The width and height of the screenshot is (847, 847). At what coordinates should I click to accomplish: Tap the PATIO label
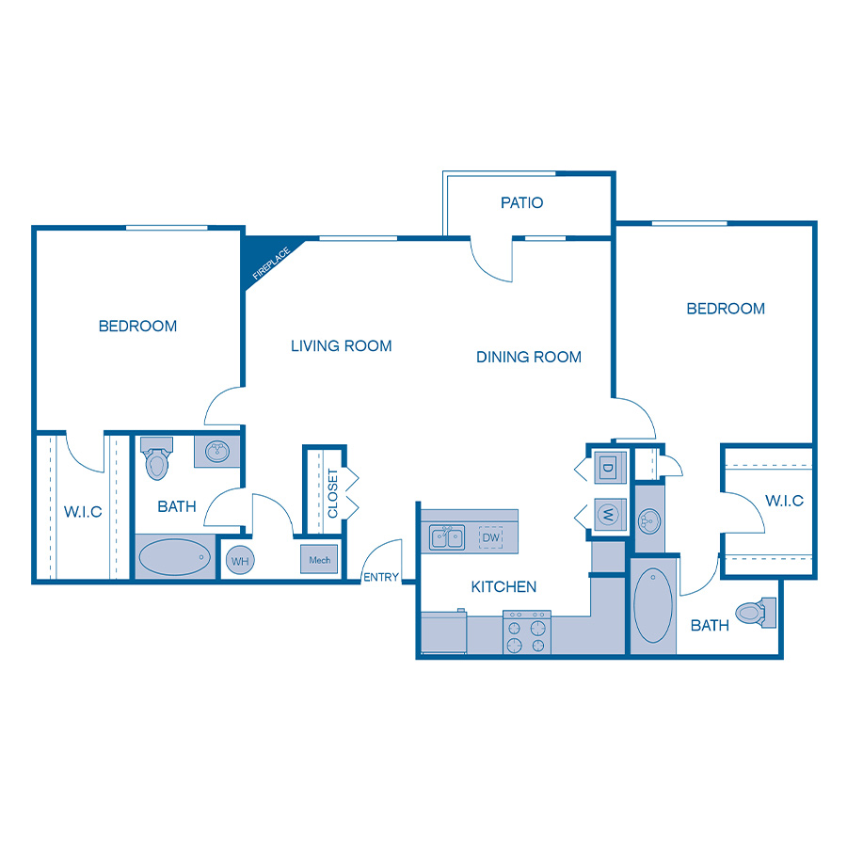(x=521, y=202)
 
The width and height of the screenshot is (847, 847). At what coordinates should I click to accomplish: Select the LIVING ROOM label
(x=341, y=345)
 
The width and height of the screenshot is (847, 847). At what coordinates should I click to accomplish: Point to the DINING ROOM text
(x=528, y=357)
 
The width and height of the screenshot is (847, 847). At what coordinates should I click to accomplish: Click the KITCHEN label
(x=503, y=586)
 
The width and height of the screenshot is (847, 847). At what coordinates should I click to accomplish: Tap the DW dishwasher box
(x=490, y=537)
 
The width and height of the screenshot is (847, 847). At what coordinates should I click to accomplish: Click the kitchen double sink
(x=447, y=537)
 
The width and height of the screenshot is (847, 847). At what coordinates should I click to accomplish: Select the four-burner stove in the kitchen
(x=527, y=632)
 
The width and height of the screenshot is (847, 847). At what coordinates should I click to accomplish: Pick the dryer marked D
(x=608, y=467)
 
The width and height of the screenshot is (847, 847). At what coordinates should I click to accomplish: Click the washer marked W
(x=608, y=515)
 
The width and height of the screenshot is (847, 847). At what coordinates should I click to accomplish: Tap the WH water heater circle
(x=239, y=561)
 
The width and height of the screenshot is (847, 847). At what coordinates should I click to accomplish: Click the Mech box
(x=319, y=560)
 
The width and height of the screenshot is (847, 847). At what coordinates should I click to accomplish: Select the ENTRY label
(x=381, y=577)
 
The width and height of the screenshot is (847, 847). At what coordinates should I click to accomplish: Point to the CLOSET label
(x=333, y=493)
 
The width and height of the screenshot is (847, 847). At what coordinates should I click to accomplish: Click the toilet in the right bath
(x=756, y=614)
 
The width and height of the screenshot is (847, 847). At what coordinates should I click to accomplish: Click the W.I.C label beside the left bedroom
(x=83, y=511)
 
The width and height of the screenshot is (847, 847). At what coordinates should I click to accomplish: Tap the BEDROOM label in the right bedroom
(x=726, y=308)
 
